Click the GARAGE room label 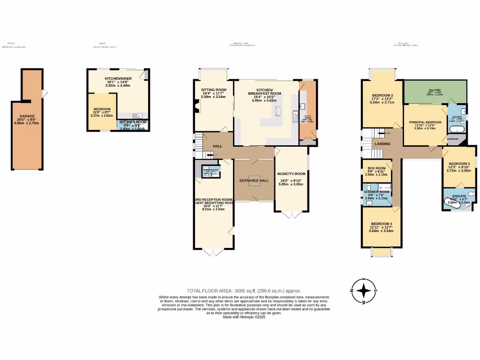tap(27, 116)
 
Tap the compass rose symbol tap(363, 291)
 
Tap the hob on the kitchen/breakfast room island tap(278, 111)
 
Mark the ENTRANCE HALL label tap(254, 180)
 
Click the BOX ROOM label tap(376, 168)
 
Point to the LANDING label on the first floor tap(382, 143)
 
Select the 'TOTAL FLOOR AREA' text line tap(244, 291)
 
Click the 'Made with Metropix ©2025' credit tap(244, 317)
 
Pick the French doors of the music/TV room tap(291, 215)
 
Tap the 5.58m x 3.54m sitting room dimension tap(214, 97)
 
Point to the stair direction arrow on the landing tap(380, 133)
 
